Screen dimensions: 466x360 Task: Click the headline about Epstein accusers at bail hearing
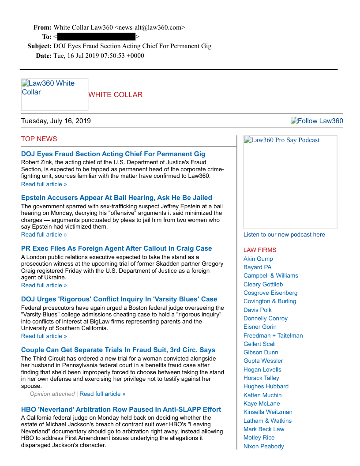116,198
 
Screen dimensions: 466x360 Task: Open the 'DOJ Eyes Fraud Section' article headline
113,154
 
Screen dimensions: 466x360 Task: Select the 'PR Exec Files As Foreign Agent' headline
116,248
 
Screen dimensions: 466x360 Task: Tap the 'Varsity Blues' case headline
119,299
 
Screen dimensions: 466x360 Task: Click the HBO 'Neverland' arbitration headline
121,410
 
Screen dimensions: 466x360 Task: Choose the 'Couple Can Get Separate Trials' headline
118,350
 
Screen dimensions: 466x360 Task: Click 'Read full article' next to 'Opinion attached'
102,394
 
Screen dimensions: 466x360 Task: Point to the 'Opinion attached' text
52,394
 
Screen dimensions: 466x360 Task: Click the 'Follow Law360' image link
317,121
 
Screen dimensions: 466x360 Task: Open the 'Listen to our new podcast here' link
284,234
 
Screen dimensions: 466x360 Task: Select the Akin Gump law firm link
258,259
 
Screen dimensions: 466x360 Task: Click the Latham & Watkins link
267,421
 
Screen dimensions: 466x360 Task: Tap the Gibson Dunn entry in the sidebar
261,352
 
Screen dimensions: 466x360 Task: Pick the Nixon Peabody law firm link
263,446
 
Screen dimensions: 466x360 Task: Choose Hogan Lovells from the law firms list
262,369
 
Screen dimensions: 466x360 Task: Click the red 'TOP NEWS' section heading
39,139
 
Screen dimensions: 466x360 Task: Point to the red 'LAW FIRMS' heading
260,250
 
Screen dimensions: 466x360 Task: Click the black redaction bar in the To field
96,37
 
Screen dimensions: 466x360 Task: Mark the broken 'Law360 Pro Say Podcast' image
290,182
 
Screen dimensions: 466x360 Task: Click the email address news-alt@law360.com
150,27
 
